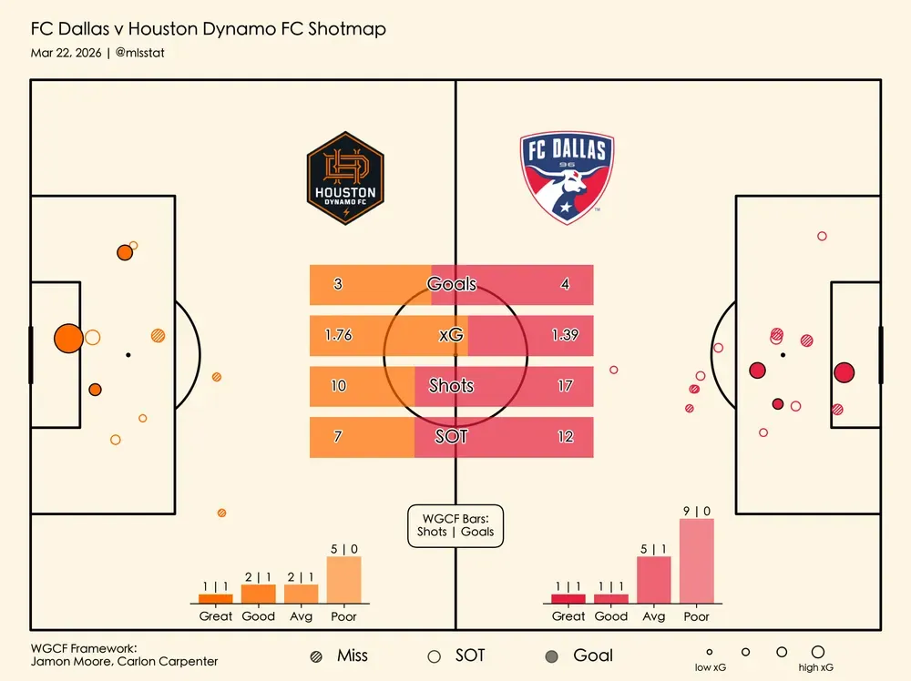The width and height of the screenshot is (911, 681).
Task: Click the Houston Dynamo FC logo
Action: pyautogui.click(x=345, y=178)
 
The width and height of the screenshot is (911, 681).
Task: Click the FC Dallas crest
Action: pyautogui.click(x=567, y=178)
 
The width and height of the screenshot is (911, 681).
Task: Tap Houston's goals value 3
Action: pyautogui.click(x=338, y=284)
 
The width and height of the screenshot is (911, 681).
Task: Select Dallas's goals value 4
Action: pyautogui.click(x=565, y=284)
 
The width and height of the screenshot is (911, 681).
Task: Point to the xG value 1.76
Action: pyautogui.click(x=338, y=335)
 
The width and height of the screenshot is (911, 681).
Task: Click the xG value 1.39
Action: pyautogui.click(x=565, y=335)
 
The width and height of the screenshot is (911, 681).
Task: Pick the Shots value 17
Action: pyautogui.click(x=565, y=386)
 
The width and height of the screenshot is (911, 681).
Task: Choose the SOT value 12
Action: pyautogui.click(x=565, y=437)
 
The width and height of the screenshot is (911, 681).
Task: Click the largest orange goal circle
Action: pyautogui.click(x=68, y=338)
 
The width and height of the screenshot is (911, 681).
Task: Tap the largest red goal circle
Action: pyautogui.click(x=844, y=372)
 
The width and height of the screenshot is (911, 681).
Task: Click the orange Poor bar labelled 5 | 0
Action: pyautogui.click(x=343, y=579)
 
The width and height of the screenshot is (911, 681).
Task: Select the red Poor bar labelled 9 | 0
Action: pyautogui.click(x=696, y=561)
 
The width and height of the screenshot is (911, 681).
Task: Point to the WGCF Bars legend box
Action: pyautogui.click(x=455, y=525)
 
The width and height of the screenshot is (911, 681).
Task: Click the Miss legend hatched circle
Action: pyautogui.click(x=316, y=656)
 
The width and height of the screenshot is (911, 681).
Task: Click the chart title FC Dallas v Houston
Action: pyautogui.click(x=208, y=29)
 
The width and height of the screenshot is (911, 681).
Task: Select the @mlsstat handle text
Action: pyautogui.click(x=140, y=53)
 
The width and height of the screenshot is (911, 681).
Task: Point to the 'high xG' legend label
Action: pyautogui.click(x=815, y=668)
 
